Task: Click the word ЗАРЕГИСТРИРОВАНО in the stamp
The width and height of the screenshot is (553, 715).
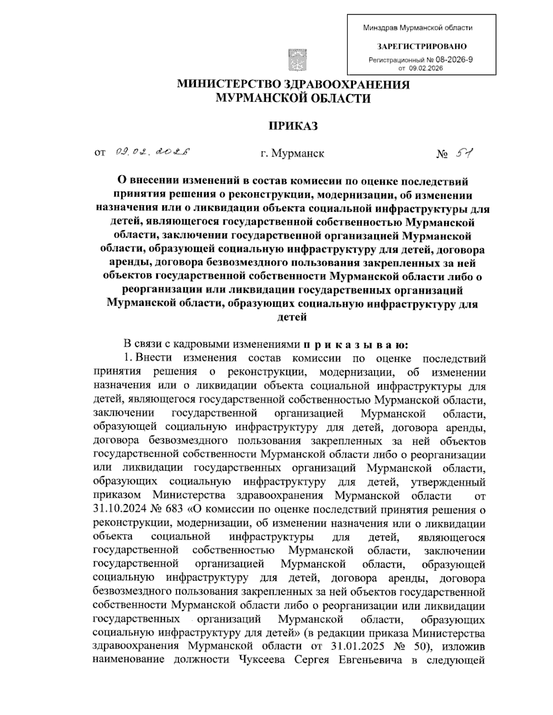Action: click(x=422, y=46)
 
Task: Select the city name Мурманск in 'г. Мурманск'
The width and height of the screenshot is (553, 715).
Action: click(x=298, y=153)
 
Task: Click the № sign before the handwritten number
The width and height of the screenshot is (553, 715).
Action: click(x=442, y=153)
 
